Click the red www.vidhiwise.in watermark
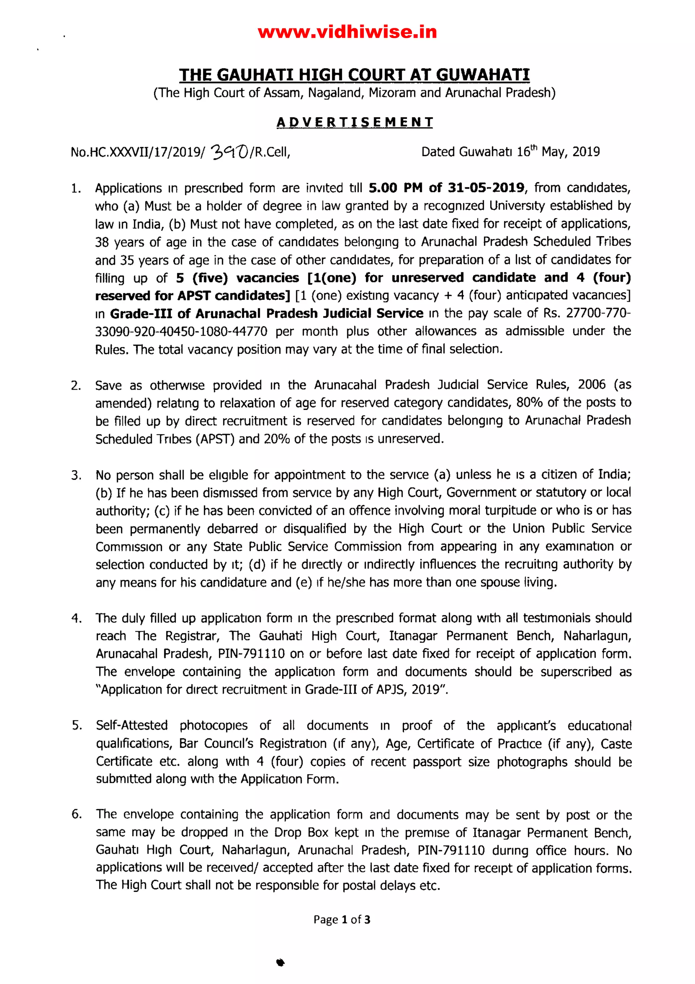tap(347, 32)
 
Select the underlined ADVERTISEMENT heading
tap(354, 122)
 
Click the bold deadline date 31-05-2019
tap(486, 188)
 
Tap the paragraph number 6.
tap(76, 814)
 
